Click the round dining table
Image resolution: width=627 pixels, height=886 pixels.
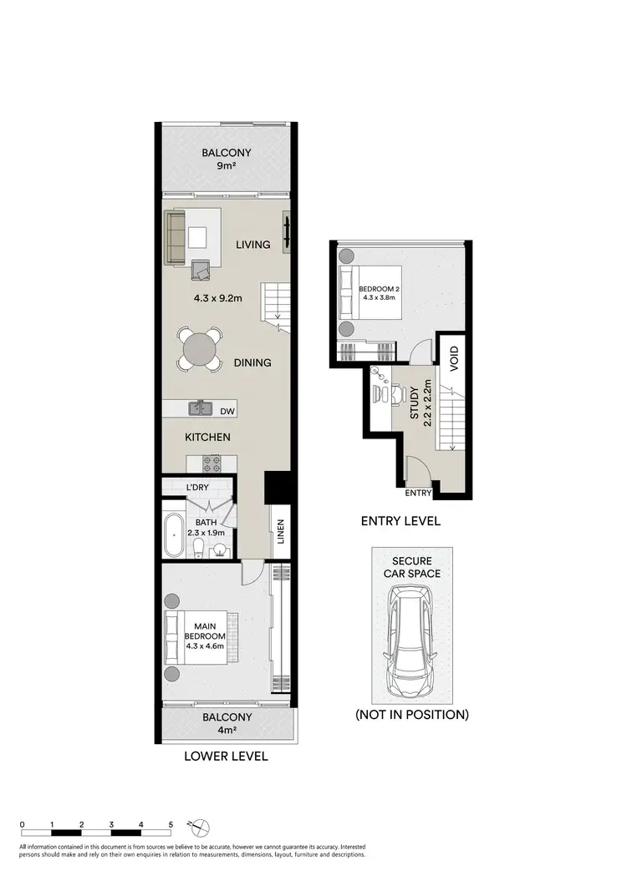200,349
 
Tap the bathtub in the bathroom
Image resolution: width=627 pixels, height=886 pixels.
174,534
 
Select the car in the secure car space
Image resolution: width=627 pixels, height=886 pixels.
411,629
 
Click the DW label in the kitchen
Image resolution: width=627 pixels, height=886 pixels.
227,411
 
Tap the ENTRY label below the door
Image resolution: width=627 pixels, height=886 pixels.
418,494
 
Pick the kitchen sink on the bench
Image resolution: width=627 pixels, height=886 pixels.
201,408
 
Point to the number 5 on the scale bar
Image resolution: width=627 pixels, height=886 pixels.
171,824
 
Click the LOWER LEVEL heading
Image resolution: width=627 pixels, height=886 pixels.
226,757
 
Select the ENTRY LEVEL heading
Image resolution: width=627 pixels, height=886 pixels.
400,522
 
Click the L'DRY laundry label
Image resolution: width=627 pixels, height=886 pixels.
197,487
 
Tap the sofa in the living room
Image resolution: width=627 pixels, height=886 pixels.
176,238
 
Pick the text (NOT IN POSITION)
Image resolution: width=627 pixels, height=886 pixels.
411,715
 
